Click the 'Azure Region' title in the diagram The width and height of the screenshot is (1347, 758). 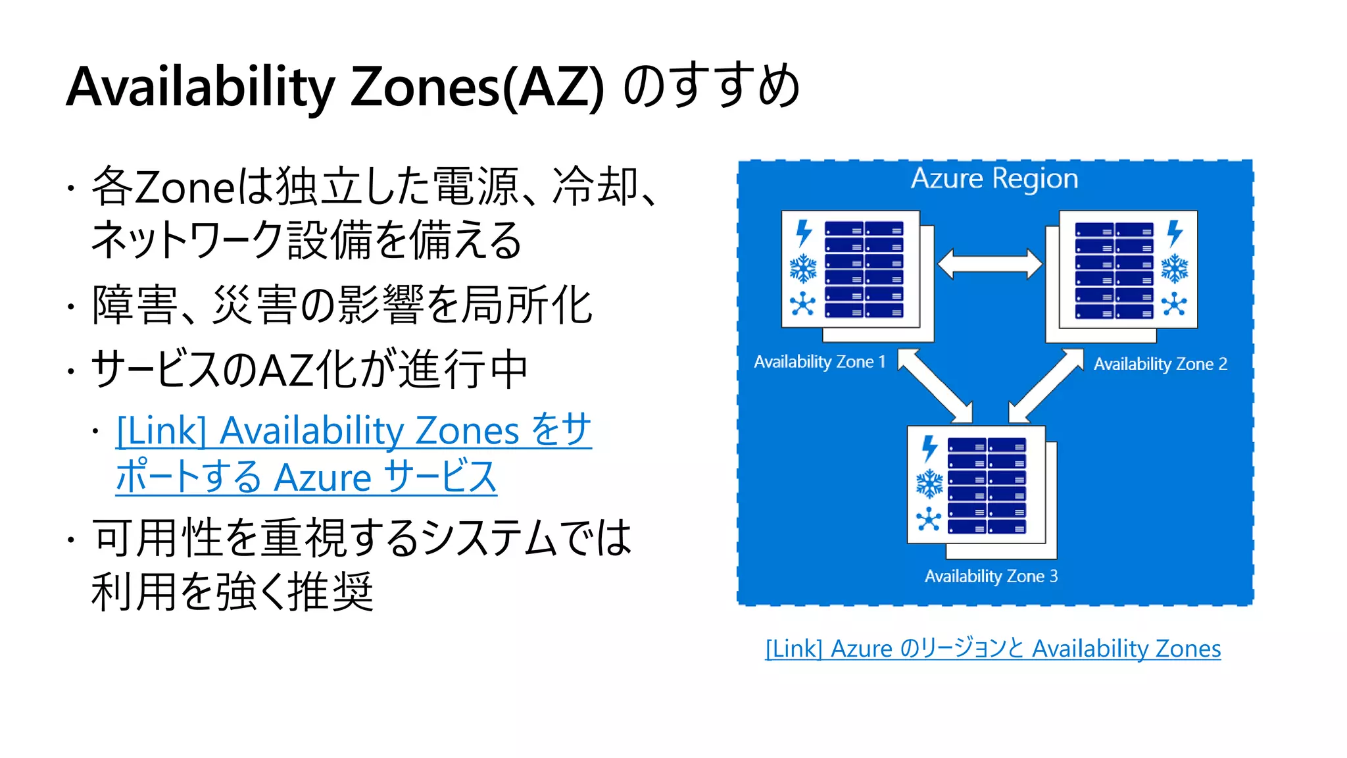coord(994,179)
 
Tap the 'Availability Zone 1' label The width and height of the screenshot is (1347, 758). coord(820,362)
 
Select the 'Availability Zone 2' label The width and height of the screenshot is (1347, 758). coord(1160,364)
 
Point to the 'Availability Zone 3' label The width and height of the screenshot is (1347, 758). coord(991,576)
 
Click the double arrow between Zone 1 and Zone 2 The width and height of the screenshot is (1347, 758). coord(990,265)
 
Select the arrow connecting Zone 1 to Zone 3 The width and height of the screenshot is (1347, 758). coord(935,385)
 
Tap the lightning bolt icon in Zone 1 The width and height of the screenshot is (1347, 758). coord(804,233)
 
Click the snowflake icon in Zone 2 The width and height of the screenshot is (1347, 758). coord(1175,269)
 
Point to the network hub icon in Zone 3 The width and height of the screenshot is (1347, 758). coord(929,519)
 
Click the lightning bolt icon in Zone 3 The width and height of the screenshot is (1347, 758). coord(929,448)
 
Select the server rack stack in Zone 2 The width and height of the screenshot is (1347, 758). coord(1114,270)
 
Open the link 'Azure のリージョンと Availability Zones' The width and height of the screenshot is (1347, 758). coord(993,649)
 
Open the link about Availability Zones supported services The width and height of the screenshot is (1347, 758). coord(354,453)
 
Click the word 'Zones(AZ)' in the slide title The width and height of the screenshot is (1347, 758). coord(477,88)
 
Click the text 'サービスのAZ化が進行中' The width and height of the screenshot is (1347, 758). coord(309,370)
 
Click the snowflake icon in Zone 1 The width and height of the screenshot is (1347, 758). coord(803,269)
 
